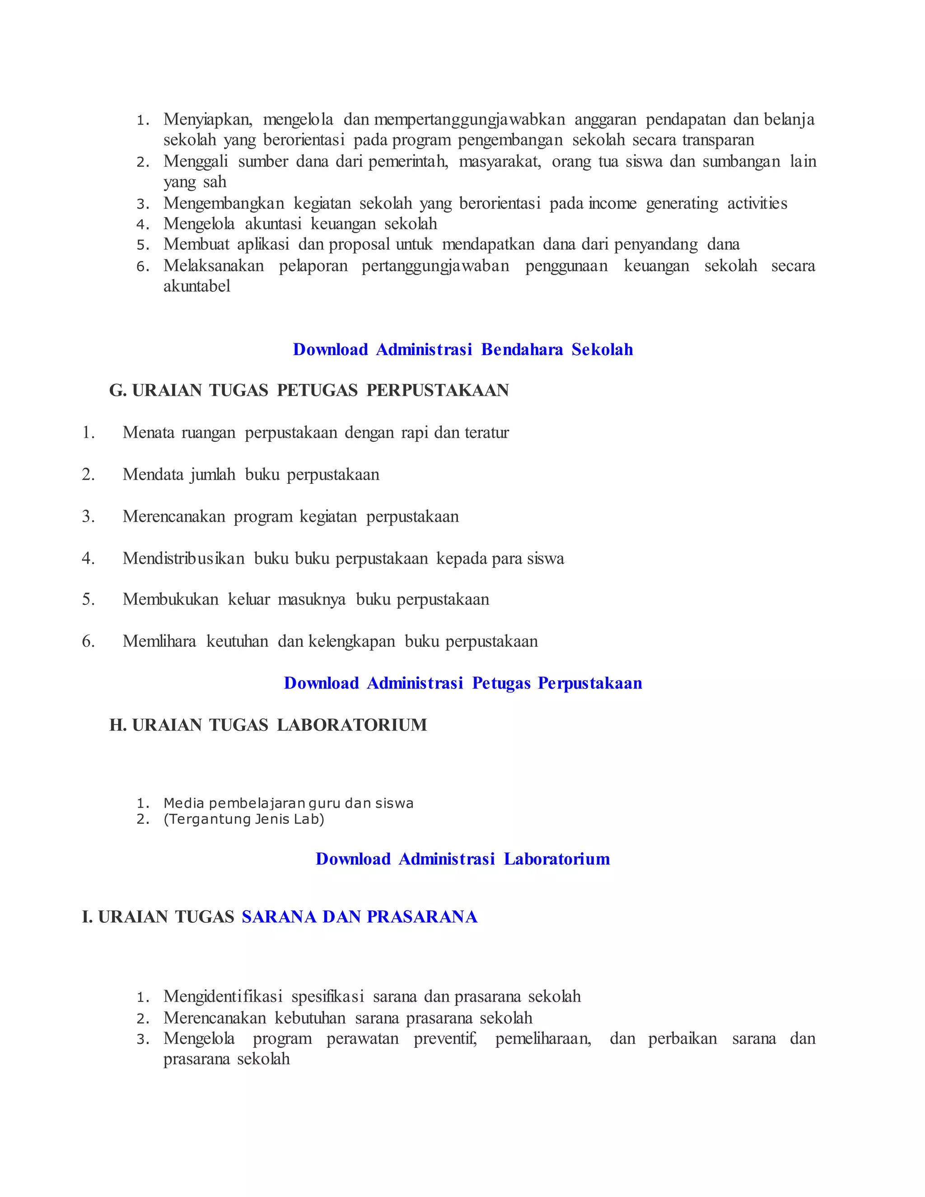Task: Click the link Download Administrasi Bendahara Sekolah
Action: pyautogui.click(x=462, y=350)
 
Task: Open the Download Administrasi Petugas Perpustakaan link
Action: pyautogui.click(x=462, y=683)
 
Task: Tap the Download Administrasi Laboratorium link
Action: pyautogui.click(x=462, y=859)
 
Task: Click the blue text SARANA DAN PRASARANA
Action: pyautogui.click(x=360, y=917)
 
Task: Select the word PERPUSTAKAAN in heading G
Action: pyautogui.click(x=437, y=390)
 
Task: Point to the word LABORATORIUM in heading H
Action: pyautogui.click(x=352, y=725)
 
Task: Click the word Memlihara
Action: pyautogui.click(x=159, y=641)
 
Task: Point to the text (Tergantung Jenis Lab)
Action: pyautogui.click(x=244, y=819)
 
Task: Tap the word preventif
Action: pyautogui.click(x=445, y=1038)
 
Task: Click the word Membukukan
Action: pyautogui.click(x=170, y=599)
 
